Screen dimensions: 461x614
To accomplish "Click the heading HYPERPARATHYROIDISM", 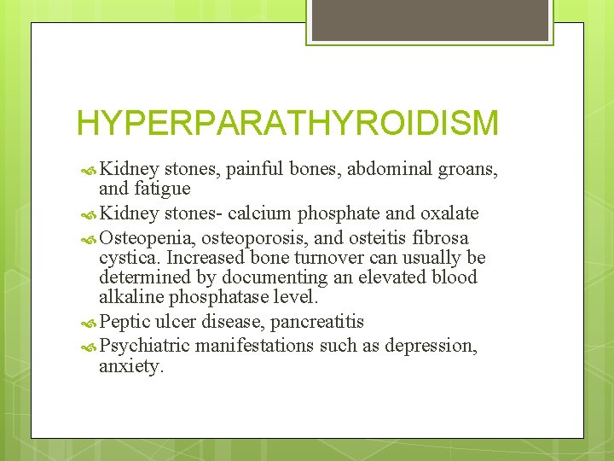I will [x=287, y=123].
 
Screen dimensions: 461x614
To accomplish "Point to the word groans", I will [x=467, y=168].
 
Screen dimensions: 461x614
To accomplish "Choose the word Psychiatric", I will [x=144, y=346].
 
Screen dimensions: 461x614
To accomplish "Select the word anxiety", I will [x=130, y=366].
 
